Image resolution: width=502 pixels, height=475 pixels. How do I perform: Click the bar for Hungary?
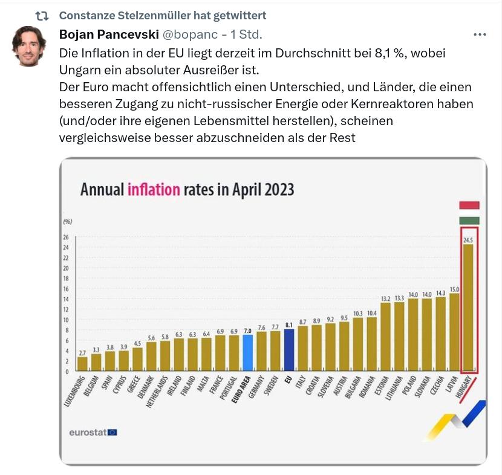point(468,308)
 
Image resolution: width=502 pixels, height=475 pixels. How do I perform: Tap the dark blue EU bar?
point(289,349)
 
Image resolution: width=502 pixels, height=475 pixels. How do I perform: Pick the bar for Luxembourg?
point(82,363)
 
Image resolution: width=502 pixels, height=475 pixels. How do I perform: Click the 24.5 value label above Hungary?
point(468,240)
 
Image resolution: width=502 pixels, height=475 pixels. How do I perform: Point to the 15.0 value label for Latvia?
point(454,289)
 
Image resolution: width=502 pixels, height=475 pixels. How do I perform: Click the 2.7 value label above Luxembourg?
point(82,352)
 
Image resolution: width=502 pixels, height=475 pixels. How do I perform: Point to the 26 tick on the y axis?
point(66,237)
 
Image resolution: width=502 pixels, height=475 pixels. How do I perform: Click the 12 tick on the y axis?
point(66,309)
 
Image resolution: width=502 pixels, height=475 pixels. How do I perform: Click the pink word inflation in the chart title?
point(154,190)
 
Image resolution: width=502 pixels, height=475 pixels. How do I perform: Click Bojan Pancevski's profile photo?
point(29,46)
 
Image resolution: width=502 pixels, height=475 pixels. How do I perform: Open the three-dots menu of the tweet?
point(480,34)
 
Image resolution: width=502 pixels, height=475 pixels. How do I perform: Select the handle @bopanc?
point(190,34)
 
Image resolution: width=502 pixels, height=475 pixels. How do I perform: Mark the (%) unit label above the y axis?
point(68,222)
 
